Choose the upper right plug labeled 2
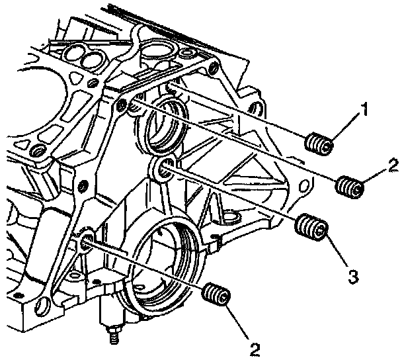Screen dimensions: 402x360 pos(349,187)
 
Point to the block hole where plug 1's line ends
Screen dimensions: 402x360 pos(171,87)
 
